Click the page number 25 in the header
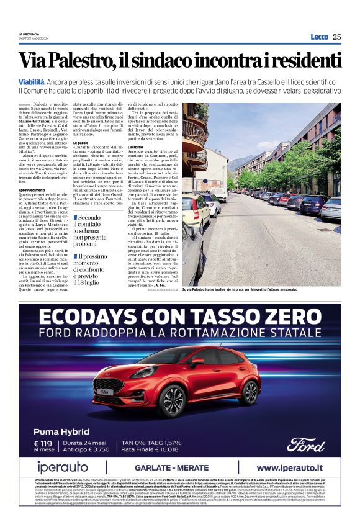336,37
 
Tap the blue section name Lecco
319,37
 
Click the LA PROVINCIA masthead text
29,34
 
